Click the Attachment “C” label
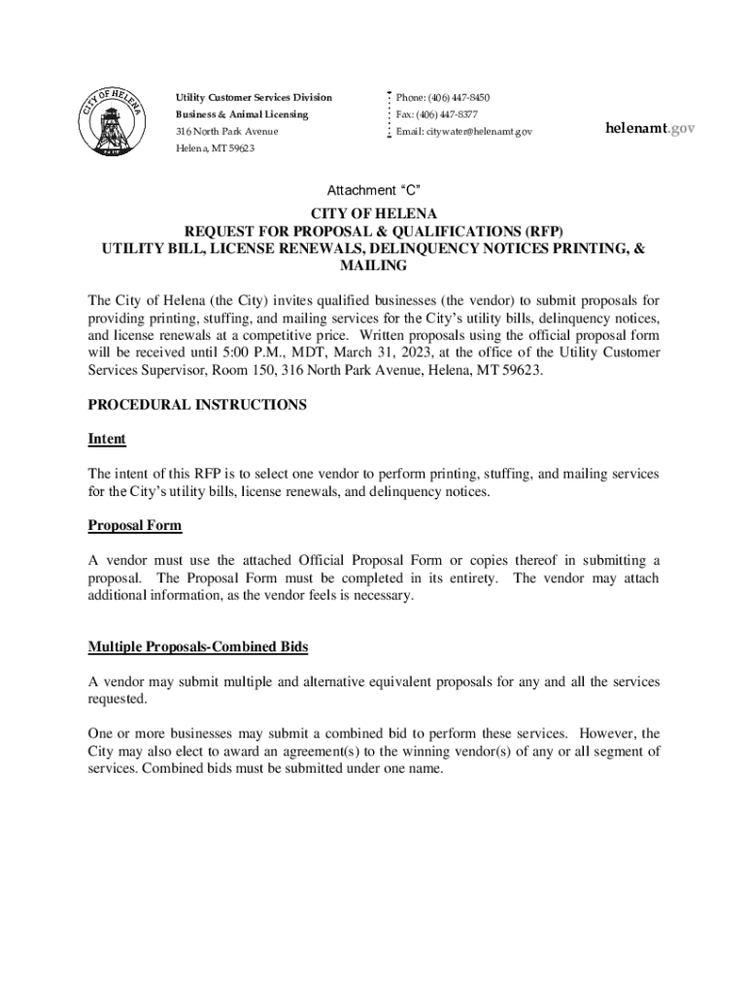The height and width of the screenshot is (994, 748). click(x=373, y=190)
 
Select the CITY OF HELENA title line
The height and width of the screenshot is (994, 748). click(x=374, y=213)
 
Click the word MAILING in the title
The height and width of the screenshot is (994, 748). click(x=374, y=265)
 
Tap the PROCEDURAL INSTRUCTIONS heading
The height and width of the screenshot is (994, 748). click(x=197, y=405)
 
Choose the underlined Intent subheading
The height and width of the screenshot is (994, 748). click(x=107, y=439)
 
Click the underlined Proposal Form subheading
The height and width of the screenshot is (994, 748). click(x=135, y=526)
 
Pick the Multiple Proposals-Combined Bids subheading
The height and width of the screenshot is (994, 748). click(x=198, y=646)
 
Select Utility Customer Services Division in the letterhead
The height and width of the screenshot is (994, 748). click(x=254, y=98)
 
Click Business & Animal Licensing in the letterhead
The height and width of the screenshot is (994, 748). click(x=242, y=115)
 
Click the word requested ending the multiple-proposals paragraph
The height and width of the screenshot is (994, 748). click(x=115, y=698)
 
